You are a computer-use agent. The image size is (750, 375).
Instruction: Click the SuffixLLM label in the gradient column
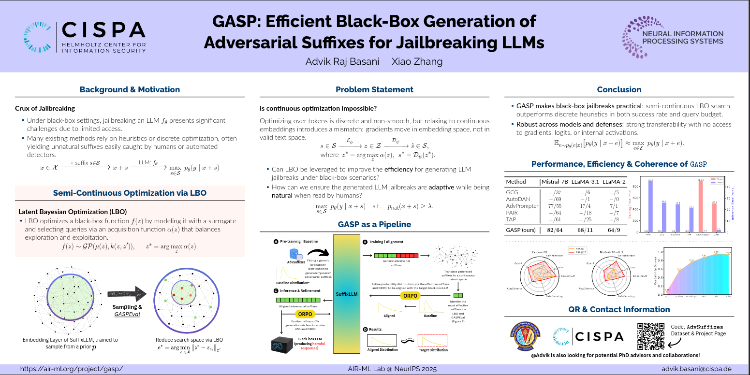click(x=346, y=293)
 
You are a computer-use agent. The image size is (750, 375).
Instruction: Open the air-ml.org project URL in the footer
click(x=71, y=369)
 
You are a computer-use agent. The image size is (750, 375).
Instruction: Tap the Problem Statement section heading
click(x=374, y=89)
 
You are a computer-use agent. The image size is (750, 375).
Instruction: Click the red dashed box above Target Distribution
click(x=432, y=340)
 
